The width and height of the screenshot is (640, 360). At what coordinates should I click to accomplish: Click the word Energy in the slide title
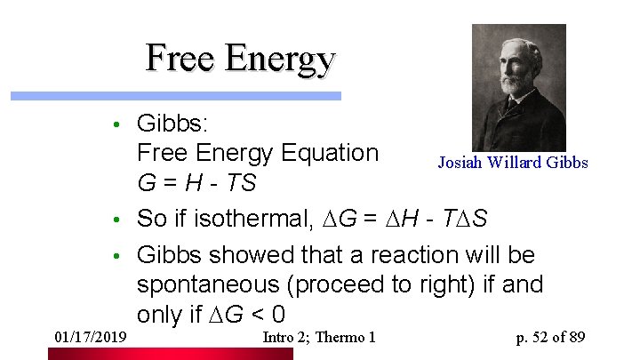point(280,60)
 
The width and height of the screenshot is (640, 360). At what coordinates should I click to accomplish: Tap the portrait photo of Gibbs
point(518,87)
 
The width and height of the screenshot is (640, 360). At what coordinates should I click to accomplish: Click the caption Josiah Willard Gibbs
point(513,163)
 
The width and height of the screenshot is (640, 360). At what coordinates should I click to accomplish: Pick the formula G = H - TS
point(196,183)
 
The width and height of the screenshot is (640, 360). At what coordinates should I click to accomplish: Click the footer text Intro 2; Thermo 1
point(320,337)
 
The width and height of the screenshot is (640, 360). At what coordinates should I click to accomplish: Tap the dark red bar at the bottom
point(170,354)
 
